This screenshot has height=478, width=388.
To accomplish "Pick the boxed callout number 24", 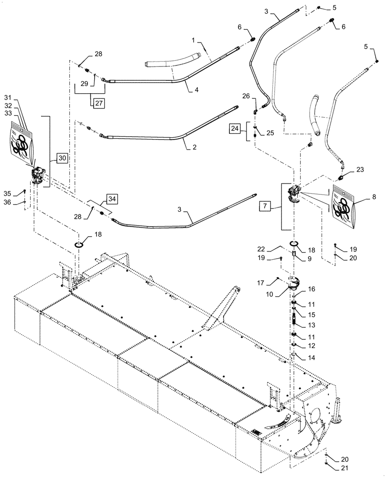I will click(x=235, y=128).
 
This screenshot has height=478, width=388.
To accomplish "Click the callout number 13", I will click(x=312, y=325).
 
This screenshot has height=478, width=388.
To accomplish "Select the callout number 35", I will click(x=21, y=193).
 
